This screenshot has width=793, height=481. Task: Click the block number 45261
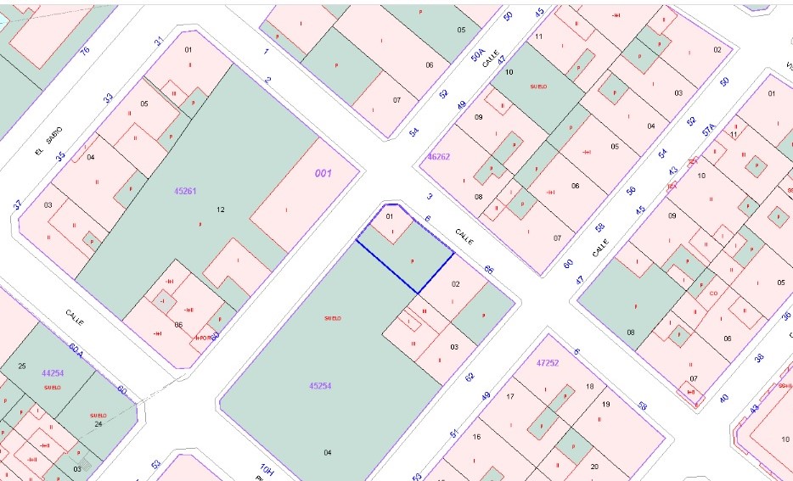[x=185, y=191]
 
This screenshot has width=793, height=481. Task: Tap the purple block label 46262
[x=439, y=156]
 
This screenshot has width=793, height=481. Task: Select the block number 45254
[x=319, y=385]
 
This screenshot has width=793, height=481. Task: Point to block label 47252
[x=548, y=362]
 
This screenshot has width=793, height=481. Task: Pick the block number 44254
[x=53, y=372]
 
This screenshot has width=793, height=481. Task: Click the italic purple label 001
[x=323, y=173]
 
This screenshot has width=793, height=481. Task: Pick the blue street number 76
[x=84, y=53]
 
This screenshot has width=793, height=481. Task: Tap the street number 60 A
[x=76, y=350]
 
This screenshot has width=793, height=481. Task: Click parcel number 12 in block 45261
[x=221, y=209]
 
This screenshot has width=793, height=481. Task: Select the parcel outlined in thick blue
[x=407, y=259]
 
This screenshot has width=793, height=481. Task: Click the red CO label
[x=713, y=294]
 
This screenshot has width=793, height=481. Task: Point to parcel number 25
[x=22, y=366]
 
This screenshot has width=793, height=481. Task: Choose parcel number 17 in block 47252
[x=510, y=396]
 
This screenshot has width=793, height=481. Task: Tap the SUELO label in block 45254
[x=332, y=318]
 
